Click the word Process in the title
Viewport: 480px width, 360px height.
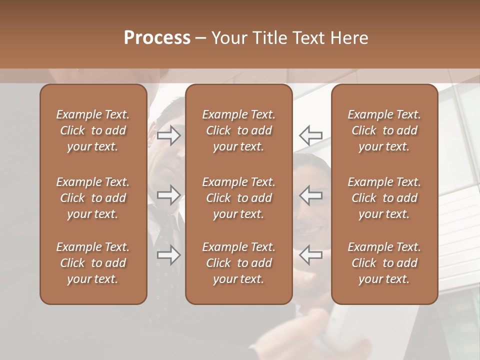pos(157,38)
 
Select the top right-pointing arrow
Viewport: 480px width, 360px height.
pos(168,135)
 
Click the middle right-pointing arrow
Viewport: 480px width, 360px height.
pos(168,195)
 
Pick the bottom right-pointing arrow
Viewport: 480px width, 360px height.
pos(168,255)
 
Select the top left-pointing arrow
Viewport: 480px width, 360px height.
pos(311,135)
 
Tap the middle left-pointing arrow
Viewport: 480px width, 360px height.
pos(311,195)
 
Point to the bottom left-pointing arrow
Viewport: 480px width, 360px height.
pos(311,255)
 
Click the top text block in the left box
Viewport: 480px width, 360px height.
pos(93,130)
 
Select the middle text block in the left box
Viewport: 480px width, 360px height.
pos(93,198)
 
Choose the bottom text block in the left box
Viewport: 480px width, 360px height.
pos(93,263)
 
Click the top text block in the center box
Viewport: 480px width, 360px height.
pos(239,130)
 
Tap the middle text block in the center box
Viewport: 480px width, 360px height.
pos(239,198)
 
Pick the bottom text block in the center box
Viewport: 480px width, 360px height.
pos(239,263)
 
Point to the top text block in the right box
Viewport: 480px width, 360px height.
pos(384,130)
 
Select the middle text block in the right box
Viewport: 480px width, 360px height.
pos(384,198)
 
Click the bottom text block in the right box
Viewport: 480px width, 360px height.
pos(384,263)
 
